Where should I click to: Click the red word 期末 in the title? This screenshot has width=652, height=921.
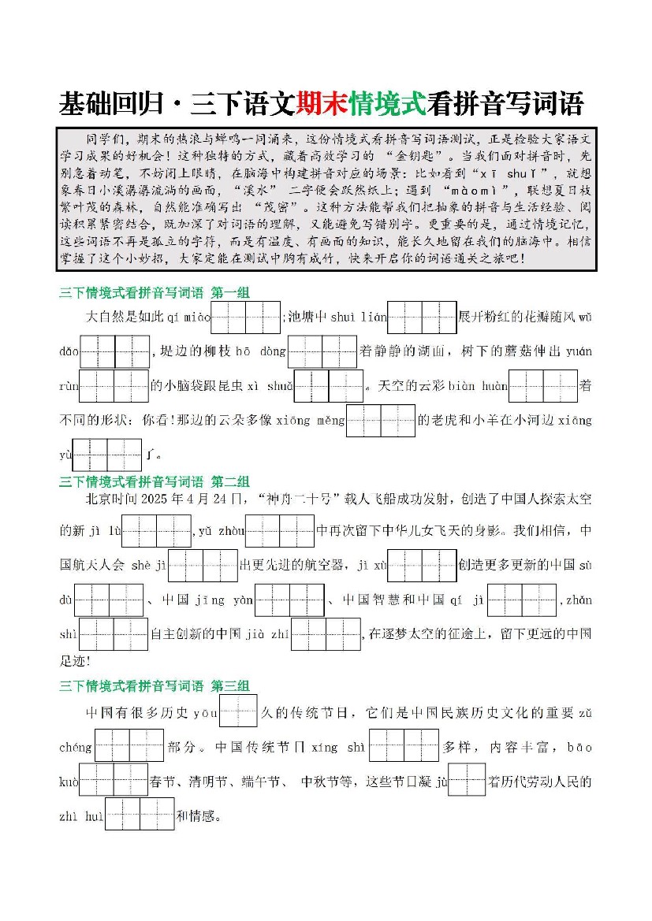click(322, 103)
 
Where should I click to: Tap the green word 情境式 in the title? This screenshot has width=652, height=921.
click(387, 103)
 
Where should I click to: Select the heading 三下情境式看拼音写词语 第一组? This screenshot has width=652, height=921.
click(155, 293)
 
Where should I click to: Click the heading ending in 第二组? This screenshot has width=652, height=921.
click(155, 481)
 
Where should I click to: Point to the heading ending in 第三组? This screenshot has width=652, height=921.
click(155, 685)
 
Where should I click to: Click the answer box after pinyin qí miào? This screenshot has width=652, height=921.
click(246, 318)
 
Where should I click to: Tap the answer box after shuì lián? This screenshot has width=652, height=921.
click(423, 318)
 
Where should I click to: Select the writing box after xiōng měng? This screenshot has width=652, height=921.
click(381, 421)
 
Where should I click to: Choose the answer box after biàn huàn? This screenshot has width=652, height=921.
click(543, 387)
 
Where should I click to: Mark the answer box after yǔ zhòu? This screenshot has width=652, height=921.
click(280, 531)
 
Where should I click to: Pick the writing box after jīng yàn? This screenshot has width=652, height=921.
click(289, 600)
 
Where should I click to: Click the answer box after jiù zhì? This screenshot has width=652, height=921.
click(326, 635)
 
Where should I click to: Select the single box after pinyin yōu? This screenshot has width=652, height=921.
click(239, 711)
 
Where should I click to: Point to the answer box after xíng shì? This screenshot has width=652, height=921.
click(404, 746)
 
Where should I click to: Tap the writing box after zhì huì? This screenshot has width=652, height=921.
click(140, 815)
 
